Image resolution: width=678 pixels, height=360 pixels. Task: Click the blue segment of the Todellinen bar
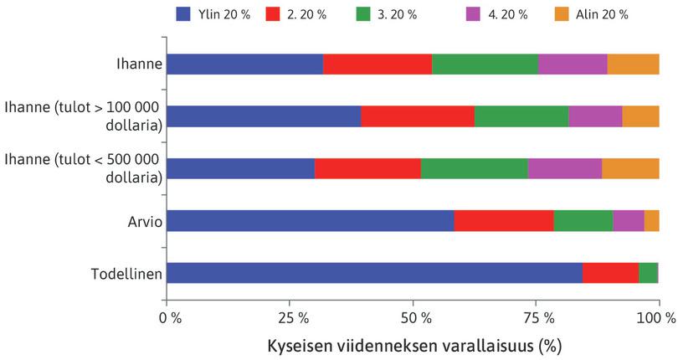coord(374,273)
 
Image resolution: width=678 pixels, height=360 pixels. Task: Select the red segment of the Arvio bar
coord(503,221)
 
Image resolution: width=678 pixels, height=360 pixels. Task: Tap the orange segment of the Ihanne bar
coord(633,64)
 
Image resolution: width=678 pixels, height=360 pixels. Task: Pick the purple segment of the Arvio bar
coord(628,221)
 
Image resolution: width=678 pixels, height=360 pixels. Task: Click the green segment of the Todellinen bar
coord(648,273)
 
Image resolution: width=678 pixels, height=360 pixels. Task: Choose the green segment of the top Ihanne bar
coord(485,64)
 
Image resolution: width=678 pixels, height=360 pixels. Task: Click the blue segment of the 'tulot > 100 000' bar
coord(264,116)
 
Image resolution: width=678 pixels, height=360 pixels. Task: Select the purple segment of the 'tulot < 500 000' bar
coord(564,168)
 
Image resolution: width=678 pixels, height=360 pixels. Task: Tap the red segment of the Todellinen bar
coord(610,273)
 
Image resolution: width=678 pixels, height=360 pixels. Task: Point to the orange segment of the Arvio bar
coord(651,221)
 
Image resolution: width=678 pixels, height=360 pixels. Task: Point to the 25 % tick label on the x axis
coord(290,318)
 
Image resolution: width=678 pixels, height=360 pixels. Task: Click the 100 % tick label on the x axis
coord(657,318)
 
